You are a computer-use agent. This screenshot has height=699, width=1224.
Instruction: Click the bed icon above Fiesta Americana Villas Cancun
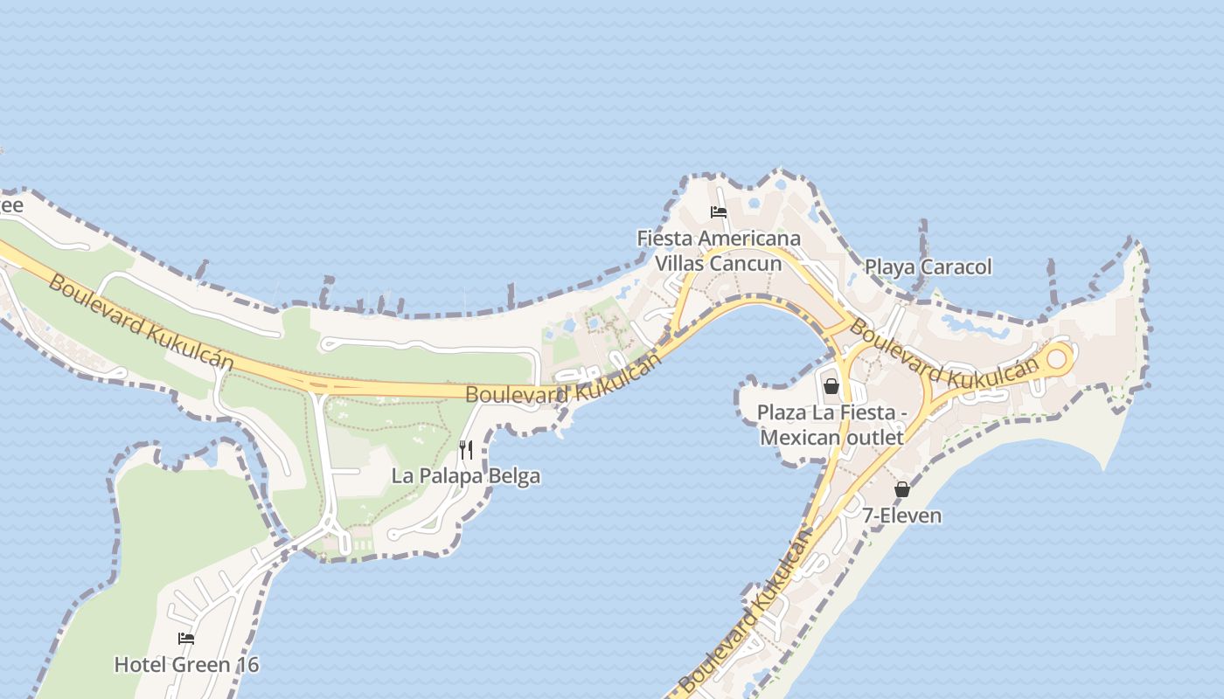719,212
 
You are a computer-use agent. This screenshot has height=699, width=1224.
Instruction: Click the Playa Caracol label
928,266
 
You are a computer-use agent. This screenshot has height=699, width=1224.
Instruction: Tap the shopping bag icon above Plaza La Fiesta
831,385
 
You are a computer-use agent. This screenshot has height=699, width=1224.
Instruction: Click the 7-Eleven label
902,516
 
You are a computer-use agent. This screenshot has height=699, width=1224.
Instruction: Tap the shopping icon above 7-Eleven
902,489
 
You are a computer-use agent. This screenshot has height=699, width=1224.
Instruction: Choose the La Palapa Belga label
465,476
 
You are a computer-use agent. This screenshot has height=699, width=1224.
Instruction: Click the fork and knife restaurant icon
466,450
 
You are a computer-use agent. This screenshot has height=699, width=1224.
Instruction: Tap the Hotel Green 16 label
186,665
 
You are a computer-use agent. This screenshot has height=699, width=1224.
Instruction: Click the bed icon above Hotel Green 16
186,639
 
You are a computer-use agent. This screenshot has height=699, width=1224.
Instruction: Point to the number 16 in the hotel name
248,665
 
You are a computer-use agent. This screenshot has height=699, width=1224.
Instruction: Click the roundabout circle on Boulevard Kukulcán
1057,358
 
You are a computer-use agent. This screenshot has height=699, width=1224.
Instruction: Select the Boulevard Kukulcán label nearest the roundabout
944,357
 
